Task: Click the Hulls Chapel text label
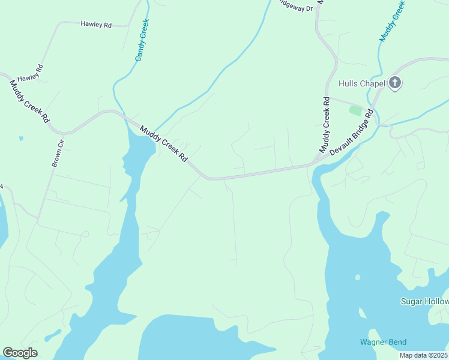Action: coord(361,83)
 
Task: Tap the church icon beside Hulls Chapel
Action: coord(394,83)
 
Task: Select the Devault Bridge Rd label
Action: coord(351,133)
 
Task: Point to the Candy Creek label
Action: coord(142,40)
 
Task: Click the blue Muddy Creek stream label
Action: coord(392,21)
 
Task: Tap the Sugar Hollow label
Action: coord(424,301)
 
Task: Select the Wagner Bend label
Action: coord(384,342)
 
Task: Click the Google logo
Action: coord(20,353)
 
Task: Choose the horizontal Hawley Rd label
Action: coord(96,25)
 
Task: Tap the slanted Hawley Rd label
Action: coord(31,74)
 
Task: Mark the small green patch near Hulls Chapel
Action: coord(355,110)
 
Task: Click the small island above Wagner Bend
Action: coord(358,277)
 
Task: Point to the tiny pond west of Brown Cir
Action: coord(21,139)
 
